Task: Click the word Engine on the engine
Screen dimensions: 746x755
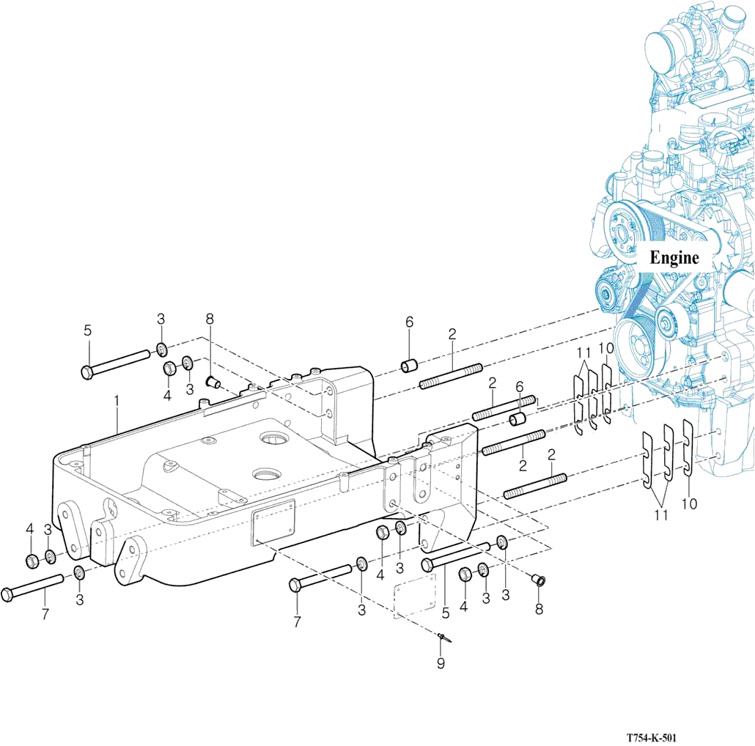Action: [x=674, y=258]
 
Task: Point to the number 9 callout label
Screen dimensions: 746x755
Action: [x=441, y=664]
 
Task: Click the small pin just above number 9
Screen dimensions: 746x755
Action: [x=443, y=638]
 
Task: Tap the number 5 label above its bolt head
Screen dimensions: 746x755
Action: [x=87, y=330]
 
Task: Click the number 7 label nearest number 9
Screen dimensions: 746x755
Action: [x=297, y=622]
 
